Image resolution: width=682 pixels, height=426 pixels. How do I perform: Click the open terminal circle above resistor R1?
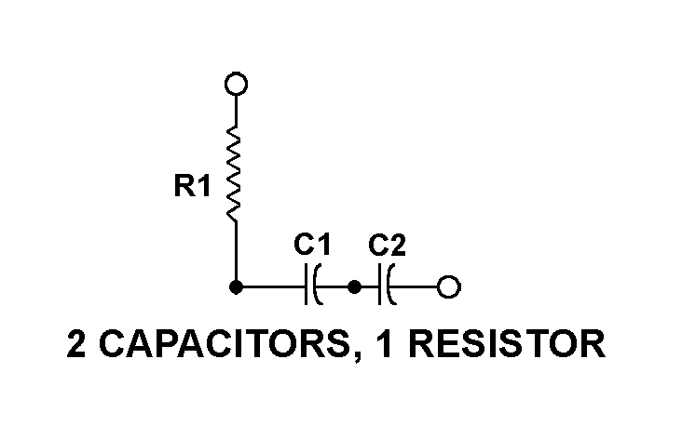coord(237,85)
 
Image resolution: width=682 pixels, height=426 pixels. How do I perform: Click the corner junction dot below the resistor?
coord(237,287)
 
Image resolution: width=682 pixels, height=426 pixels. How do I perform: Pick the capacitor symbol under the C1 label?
coord(312,287)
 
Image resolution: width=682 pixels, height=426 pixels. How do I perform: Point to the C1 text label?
coord(312,246)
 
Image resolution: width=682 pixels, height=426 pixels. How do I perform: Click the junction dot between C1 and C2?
coord(354,287)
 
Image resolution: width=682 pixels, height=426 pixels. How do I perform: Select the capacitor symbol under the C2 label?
coord(387,287)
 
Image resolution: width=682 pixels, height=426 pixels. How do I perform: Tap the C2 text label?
coord(387,246)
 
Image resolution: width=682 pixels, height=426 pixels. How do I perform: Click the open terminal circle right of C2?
coord(449,287)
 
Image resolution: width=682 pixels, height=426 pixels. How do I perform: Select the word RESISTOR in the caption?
coord(507,345)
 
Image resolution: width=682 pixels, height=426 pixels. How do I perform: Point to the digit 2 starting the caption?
coord(77,345)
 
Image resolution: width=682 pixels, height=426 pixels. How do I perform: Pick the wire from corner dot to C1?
coord(270,287)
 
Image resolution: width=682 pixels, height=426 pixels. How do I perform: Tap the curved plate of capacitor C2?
coord(391,287)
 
